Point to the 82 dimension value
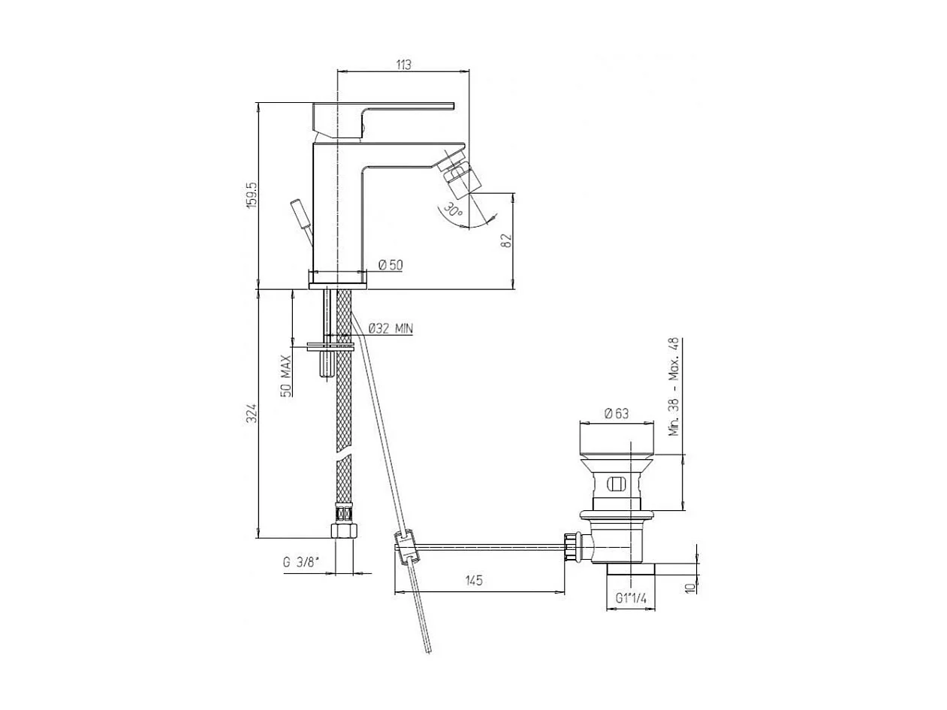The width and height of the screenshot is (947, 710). [505, 240]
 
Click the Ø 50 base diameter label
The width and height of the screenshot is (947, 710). [391, 264]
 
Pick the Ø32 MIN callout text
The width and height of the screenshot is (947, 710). [391, 328]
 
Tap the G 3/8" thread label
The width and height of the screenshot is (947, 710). [301, 562]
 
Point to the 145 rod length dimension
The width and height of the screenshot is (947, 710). [473, 580]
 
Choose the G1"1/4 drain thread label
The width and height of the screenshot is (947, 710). [631, 598]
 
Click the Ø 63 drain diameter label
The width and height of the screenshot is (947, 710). [616, 412]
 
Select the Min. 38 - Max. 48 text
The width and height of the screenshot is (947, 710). [674, 386]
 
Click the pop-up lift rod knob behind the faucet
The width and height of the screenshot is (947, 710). [301, 214]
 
